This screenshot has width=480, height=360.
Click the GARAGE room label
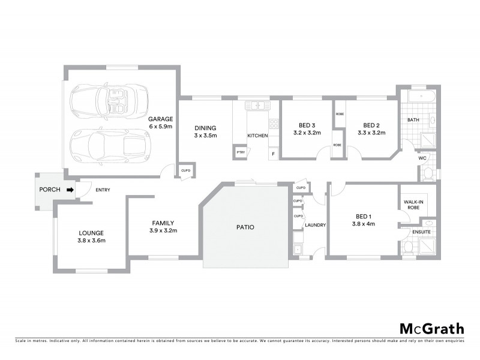(161, 119)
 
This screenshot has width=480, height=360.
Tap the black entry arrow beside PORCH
(70, 190)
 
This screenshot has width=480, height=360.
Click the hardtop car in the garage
(109, 144)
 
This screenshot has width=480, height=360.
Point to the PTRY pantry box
(241, 152)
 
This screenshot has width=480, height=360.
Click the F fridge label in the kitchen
(274, 154)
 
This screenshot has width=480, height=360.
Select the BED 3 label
(299, 125)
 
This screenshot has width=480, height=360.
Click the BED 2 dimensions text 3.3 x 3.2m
(371, 133)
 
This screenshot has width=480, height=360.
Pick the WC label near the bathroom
(422, 158)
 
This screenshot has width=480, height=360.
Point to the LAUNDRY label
(315, 225)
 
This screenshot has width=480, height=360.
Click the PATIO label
(245, 227)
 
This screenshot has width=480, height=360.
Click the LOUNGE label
(91, 233)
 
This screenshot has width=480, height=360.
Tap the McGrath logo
(432, 328)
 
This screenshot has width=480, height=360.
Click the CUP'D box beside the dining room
(185, 171)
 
